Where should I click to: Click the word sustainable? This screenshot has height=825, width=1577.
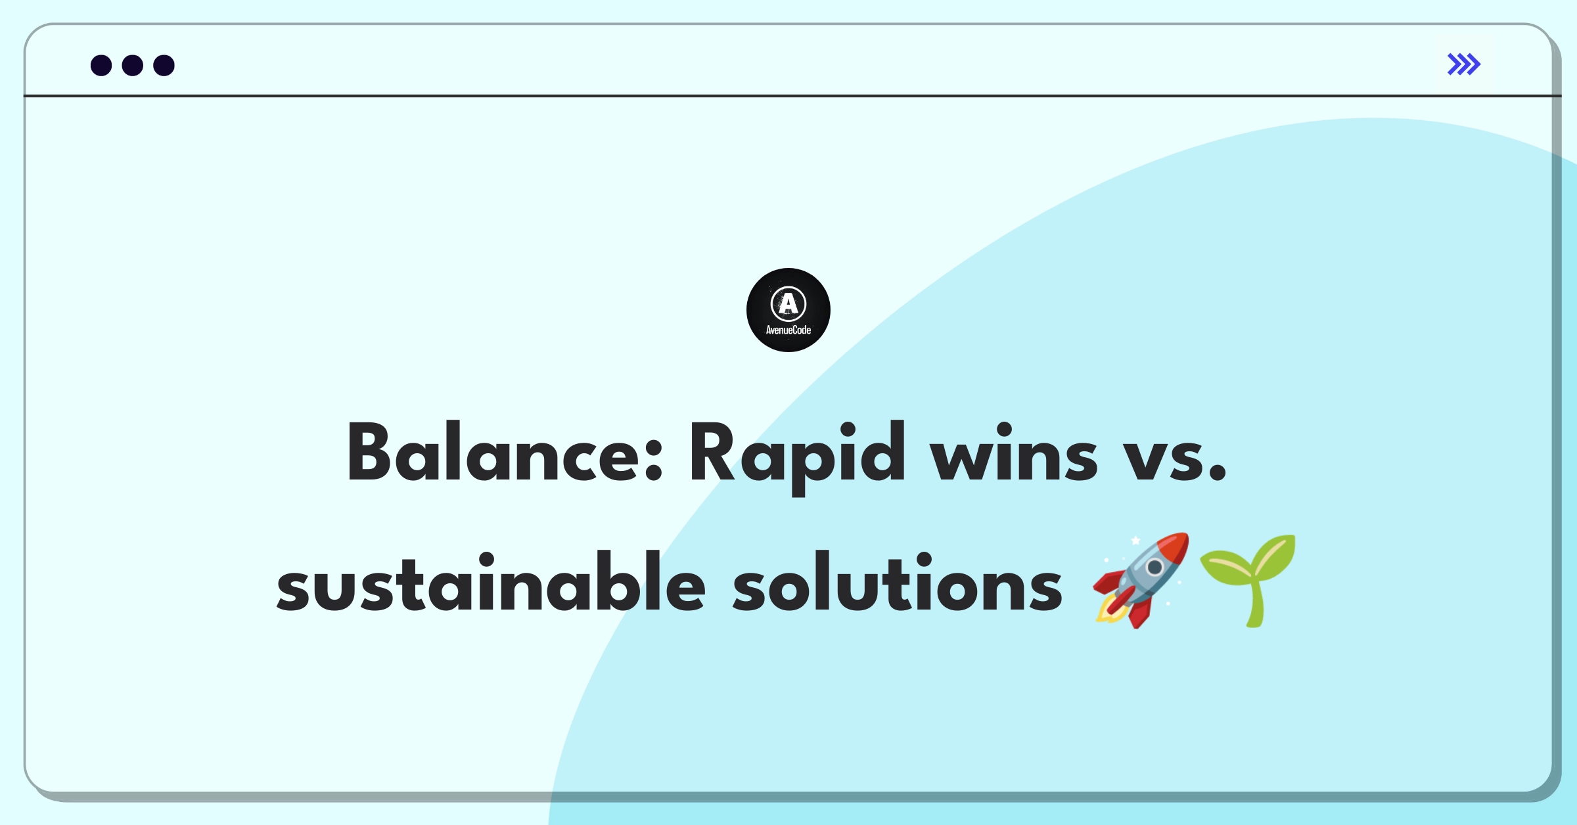491,582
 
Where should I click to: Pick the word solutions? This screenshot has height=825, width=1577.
898,582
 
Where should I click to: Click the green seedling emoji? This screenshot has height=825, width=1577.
1248,581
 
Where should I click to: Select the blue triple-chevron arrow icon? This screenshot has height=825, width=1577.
1464,64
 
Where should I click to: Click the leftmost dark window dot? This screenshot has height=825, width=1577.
101,65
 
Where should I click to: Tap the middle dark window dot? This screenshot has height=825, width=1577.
133,65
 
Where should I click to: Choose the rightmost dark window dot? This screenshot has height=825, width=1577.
164,65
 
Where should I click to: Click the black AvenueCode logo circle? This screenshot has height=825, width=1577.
788,310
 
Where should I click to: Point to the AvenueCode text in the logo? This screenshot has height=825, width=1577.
788,330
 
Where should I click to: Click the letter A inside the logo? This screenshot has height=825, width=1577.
788,303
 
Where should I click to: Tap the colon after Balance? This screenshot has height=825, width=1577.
653,460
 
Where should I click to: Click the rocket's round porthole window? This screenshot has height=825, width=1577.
1154,567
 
